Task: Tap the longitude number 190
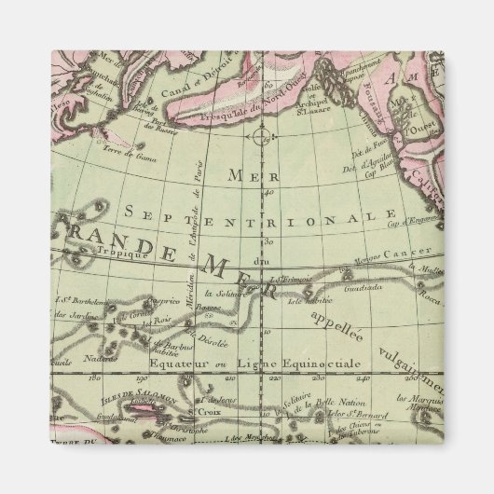click(143, 379)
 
